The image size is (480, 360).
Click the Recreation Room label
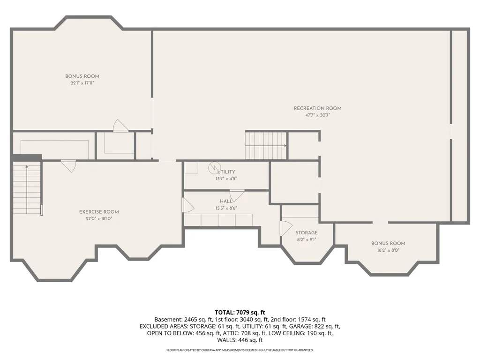[317, 108]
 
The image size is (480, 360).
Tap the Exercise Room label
[99, 212]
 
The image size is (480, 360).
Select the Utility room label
[226, 172]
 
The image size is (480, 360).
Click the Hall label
[226, 202]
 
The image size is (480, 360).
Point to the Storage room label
[307, 232]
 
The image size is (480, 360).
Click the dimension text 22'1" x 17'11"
[82, 83]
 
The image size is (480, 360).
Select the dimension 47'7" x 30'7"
[317, 115]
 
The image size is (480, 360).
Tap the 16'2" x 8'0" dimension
[388, 250]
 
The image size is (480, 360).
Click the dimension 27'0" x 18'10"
[99, 218]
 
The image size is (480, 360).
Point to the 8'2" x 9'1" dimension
[307, 240]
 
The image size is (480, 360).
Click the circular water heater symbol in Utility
[214, 168]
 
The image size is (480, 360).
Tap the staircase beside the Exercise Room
[27, 187]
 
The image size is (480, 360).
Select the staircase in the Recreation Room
[266, 146]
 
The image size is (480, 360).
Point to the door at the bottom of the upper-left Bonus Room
[120, 126]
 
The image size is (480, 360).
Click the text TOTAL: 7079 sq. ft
[240, 313]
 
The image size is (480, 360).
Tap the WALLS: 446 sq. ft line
[240, 340]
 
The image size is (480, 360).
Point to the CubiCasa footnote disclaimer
[240, 350]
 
